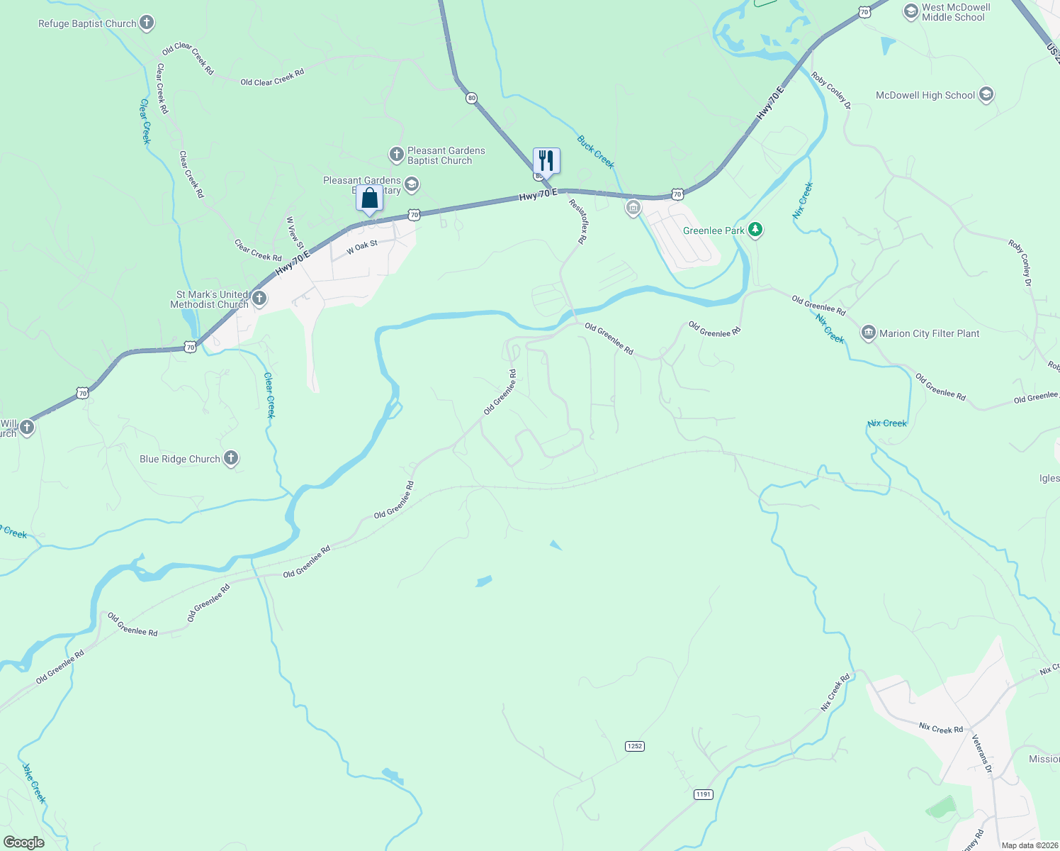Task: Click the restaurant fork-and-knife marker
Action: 546,160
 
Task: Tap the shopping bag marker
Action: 369,198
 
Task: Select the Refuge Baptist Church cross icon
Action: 147,23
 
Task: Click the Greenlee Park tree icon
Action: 756,230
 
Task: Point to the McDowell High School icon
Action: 986,94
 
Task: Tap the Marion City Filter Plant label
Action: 929,333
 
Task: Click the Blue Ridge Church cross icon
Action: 231,458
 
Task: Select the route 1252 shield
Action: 635,746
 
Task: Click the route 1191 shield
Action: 703,794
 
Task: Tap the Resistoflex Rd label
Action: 578,221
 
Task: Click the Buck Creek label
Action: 595,152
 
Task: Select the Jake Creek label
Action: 34,783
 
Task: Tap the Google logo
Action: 23,842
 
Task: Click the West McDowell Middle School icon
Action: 911,12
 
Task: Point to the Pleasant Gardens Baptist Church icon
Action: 397,155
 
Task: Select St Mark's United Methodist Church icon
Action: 259,299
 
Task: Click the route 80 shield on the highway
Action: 471,99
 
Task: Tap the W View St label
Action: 295,233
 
